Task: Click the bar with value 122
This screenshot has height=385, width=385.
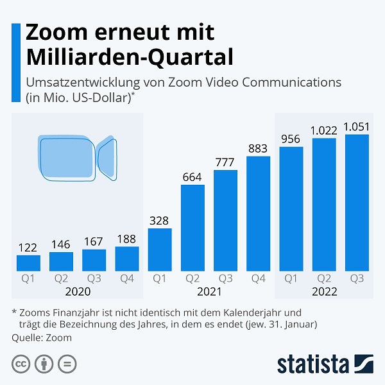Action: click(28, 262)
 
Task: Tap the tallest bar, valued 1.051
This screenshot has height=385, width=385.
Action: click(357, 202)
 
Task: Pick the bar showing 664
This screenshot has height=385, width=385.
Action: click(193, 227)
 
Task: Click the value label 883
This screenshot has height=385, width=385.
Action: click(258, 148)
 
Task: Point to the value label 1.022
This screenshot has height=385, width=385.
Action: click(323, 130)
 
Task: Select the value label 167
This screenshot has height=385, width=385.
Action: click(94, 241)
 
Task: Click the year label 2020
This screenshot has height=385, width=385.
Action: click(78, 292)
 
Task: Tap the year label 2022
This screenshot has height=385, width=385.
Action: click(324, 292)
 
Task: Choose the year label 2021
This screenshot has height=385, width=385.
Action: click(209, 292)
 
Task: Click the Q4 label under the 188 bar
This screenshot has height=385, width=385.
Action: click(127, 278)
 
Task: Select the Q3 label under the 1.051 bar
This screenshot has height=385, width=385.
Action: click(357, 278)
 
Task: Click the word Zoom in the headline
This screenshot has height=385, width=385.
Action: click(57, 31)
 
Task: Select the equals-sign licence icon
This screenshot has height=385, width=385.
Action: click(67, 364)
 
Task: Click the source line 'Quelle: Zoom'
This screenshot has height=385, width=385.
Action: click(42, 338)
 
